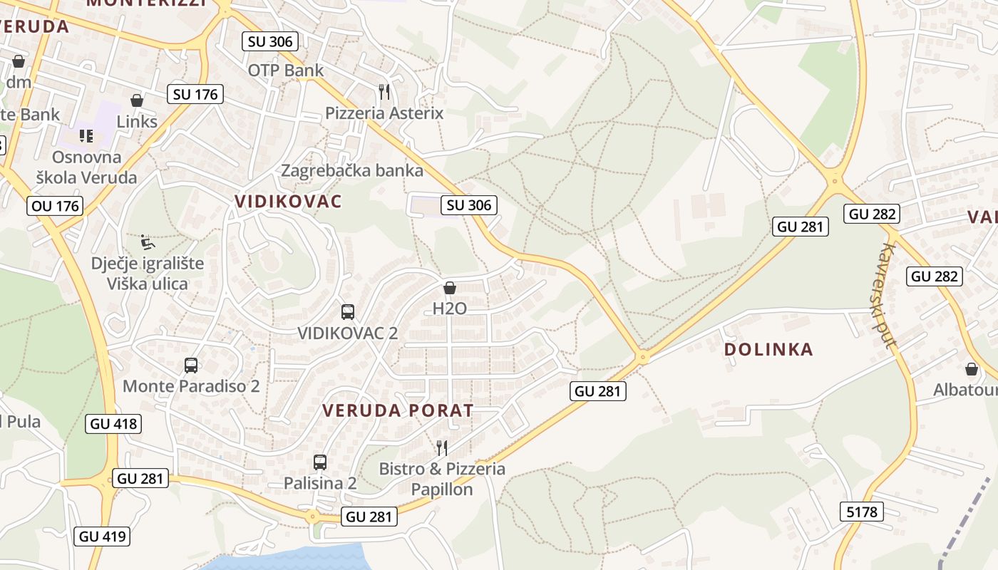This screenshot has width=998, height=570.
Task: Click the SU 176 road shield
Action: pos(195,93)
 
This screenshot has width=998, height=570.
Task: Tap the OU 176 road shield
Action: pos(55,206)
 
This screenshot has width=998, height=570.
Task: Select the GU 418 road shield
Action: pos(113,424)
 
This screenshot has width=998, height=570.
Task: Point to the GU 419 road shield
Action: pos(103,537)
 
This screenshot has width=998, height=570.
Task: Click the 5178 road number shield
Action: pos(862,511)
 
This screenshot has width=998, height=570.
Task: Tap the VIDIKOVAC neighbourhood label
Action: pos(288,201)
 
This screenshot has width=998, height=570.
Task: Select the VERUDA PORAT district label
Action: pos(398,410)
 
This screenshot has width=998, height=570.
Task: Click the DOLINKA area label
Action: pos(768,349)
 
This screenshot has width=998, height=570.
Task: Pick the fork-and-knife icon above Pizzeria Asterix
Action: pos(384,92)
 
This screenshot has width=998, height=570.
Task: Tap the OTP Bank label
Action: pos(285,70)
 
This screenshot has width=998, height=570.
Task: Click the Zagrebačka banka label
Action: pos(352,170)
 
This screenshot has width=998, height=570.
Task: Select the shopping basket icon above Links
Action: pos(136,100)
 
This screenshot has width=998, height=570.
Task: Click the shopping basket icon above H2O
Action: pos(450,288)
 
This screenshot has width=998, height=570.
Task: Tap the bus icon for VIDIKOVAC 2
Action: pos(348,311)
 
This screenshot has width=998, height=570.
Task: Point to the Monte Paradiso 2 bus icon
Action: pos(191,366)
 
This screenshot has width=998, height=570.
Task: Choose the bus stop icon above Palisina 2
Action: pos(320,462)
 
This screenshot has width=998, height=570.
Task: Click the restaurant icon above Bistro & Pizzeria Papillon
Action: pos(442,447)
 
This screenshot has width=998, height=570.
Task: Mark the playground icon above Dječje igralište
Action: pos(147,242)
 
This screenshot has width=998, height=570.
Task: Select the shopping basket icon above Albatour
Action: pos(971,369)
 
